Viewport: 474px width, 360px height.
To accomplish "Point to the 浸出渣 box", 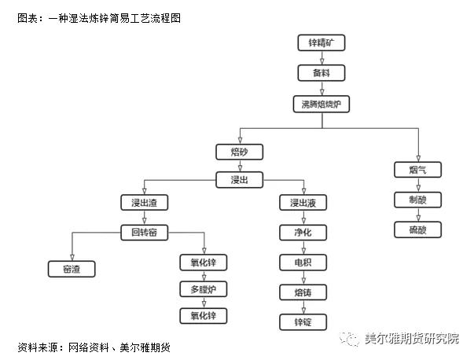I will pyautogui.click(x=144, y=203).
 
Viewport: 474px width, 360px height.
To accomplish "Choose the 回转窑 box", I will pyautogui.click(x=144, y=232).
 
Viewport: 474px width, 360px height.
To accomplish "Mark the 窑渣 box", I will pyautogui.click(x=72, y=269).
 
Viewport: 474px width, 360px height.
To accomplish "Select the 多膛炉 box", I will pyautogui.click(x=204, y=289).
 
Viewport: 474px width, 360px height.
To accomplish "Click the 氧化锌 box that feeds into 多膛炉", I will pyautogui.click(x=204, y=262).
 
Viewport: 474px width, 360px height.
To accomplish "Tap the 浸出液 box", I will pyautogui.click(x=303, y=204).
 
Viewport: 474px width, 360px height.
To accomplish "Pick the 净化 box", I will pyautogui.click(x=303, y=233).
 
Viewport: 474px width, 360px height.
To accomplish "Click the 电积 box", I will pyautogui.click(x=303, y=263).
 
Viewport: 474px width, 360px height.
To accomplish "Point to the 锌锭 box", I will pyautogui.click(x=303, y=321).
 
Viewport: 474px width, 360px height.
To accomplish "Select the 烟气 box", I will pyautogui.click(x=418, y=170).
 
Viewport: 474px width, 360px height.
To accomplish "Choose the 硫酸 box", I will pyautogui.click(x=418, y=230).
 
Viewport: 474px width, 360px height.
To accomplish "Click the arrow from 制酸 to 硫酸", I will pyautogui.click(x=418, y=215).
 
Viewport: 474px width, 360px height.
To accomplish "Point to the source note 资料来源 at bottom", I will pyautogui.click(x=94, y=347).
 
